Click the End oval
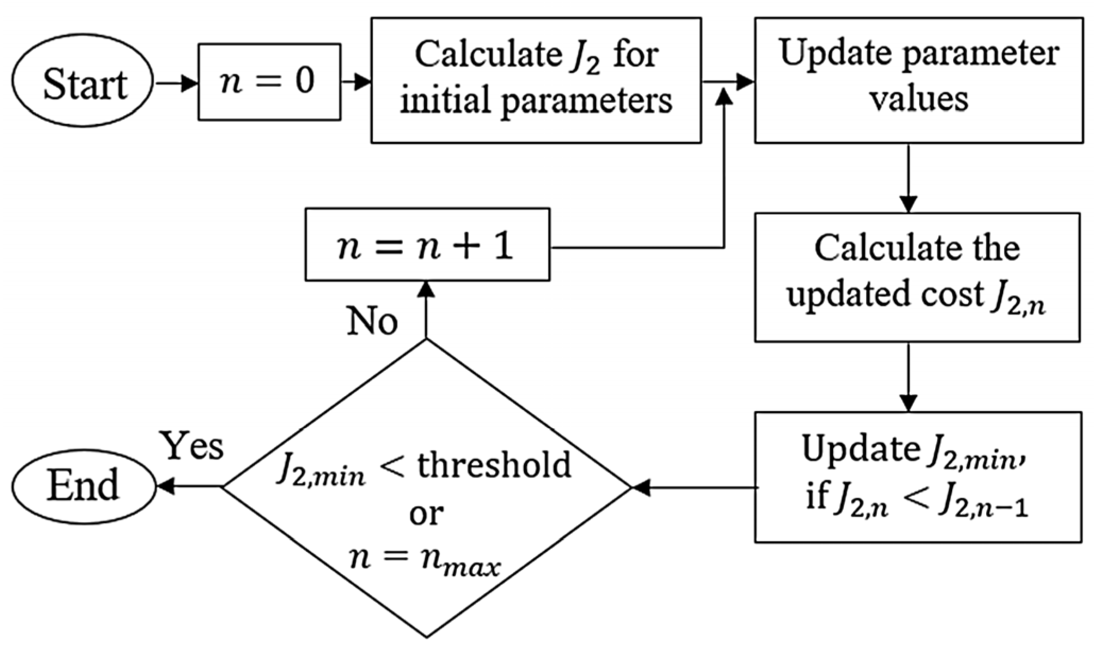point(83,486)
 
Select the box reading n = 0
point(269,82)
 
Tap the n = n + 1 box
point(427,244)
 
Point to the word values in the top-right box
point(918,99)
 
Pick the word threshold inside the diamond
point(494,465)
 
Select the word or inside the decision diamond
point(426,513)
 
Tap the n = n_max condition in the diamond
point(425,561)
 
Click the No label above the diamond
point(372,321)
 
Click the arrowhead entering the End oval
point(166,486)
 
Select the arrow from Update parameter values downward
point(909,178)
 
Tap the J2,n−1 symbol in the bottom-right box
point(983,505)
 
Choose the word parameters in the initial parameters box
point(587,100)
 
